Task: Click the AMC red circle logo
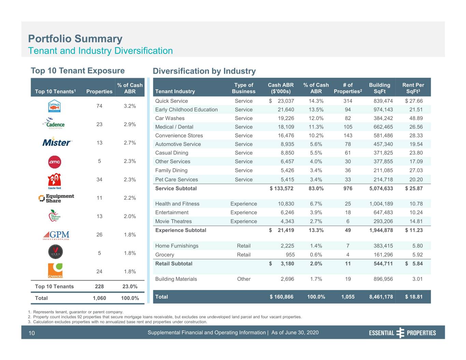[x=55, y=162]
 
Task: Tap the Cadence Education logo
[x=54, y=123]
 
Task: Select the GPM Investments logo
[x=56, y=235]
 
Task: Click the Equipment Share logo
[x=56, y=199]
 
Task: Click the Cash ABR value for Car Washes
[x=286, y=118]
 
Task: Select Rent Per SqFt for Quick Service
[x=414, y=101]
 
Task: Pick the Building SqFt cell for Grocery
[x=383, y=255]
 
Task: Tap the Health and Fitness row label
[x=177, y=204]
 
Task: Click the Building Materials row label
[x=176, y=279]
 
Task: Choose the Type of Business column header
[x=244, y=88]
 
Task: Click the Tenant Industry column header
[x=175, y=91]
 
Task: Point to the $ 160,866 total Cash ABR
[x=281, y=297]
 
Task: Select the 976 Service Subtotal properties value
[x=348, y=188]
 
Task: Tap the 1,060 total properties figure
[x=99, y=298]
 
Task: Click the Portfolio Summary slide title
[x=75, y=39]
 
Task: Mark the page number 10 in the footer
[x=31, y=333]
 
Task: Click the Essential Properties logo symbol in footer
[x=400, y=333]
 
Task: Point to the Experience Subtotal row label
[x=181, y=230]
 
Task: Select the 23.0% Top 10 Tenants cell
[x=130, y=287]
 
